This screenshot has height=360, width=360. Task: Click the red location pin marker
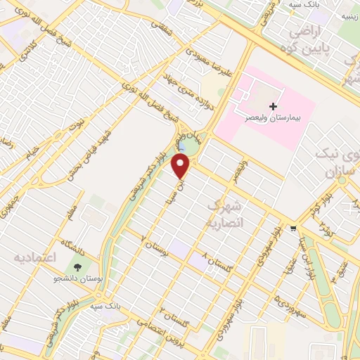182,166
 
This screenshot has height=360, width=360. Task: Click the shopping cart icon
292,229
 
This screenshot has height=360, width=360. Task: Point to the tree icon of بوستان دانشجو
77,269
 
